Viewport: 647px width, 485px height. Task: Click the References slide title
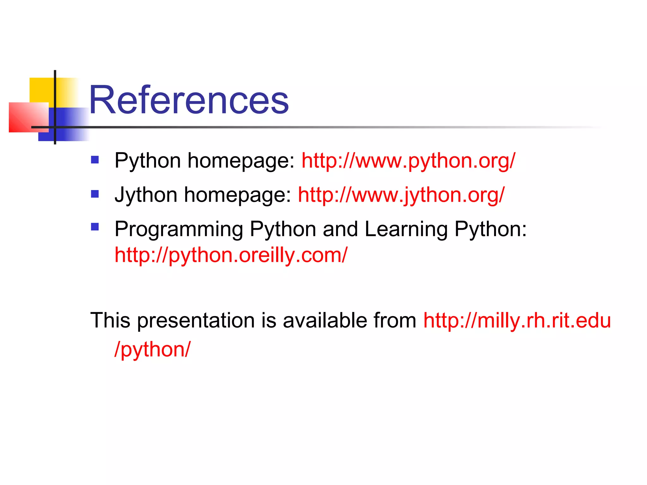tap(189, 100)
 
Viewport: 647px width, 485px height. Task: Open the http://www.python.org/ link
tap(408, 161)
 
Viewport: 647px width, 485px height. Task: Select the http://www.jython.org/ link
tap(401, 195)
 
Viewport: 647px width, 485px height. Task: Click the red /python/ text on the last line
tap(153, 350)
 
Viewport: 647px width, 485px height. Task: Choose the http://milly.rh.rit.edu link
tap(517, 320)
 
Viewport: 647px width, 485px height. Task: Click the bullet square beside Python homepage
tap(95, 159)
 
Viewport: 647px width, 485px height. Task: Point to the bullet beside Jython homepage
tap(95, 194)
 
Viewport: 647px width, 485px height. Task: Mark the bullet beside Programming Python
tap(95, 227)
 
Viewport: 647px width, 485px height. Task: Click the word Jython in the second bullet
tap(146, 195)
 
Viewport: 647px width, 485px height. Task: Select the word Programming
tap(179, 229)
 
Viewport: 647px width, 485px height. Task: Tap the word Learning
tap(406, 229)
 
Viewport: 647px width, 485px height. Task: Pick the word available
tap(325, 320)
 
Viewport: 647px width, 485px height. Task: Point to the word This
tap(110, 320)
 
